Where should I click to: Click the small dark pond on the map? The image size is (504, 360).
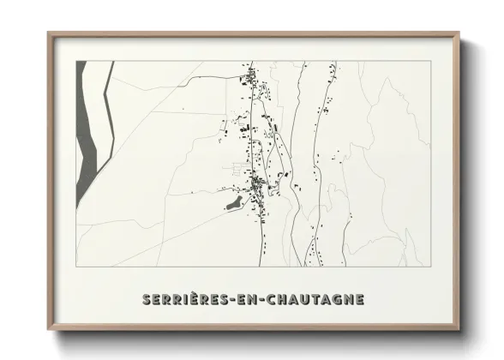coord(231,206)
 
